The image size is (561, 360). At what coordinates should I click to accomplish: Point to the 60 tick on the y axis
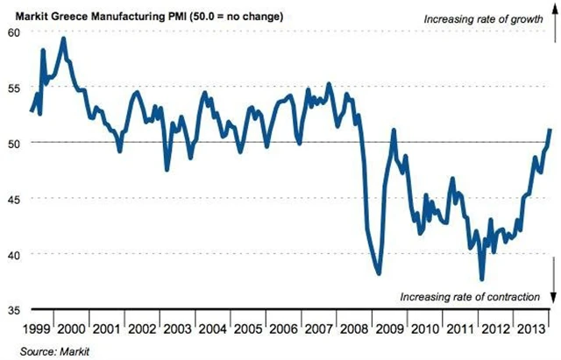click(x=12, y=32)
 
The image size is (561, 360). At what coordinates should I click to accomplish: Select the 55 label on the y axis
click(x=12, y=88)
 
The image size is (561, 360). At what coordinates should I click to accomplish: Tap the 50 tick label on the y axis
click(x=12, y=143)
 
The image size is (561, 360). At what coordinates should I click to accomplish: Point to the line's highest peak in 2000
click(x=64, y=39)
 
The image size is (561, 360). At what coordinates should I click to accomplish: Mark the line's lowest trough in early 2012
click(x=481, y=279)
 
